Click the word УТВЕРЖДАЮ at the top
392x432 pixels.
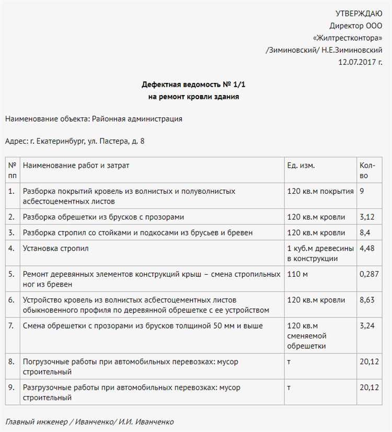[x=359, y=14]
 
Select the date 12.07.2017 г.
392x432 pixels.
[x=360, y=62]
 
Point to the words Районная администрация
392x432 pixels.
[x=137, y=119]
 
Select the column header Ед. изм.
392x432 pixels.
[x=301, y=165]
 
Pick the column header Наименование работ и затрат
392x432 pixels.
[x=76, y=165]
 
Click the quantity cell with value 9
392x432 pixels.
[x=362, y=191]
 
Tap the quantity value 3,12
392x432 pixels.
[x=366, y=217]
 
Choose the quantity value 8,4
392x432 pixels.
[x=364, y=232]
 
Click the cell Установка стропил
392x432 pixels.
[x=55, y=249]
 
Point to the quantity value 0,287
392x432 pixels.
[x=369, y=274]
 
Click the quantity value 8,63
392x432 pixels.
[x=366, y=300]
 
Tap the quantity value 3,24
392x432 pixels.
[x=366, y=326]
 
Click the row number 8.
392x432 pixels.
[x=11, y=361]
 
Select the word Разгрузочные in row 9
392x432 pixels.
[x=46, y=388]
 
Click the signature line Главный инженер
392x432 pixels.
[x=36, y=422]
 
